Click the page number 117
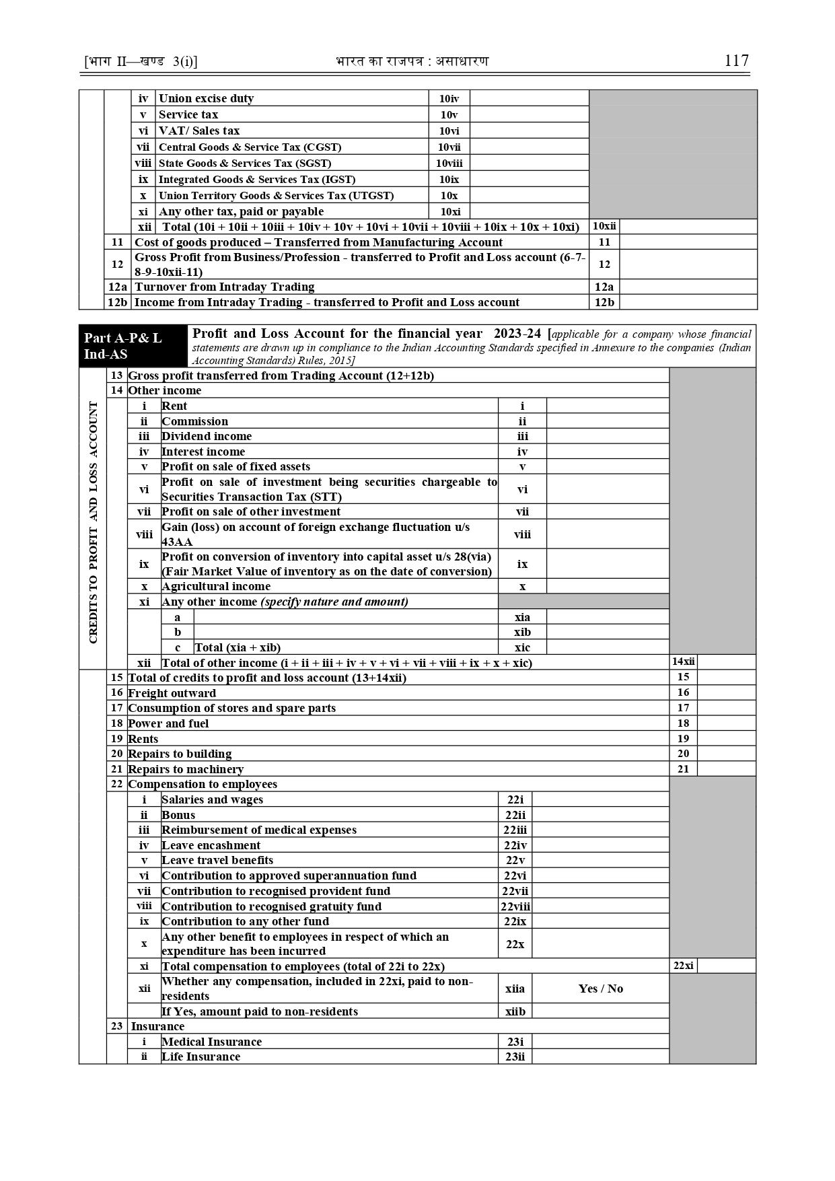click(x=736, y=61)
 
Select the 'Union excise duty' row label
click(x=206, y=98)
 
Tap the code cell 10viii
click(x=449, y=163)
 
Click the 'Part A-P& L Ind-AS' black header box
click(x=133, y=346)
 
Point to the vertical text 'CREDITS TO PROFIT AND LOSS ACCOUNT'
click(x=93, y=522)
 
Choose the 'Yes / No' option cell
click(x=600, y=989)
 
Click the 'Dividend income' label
click(x=207, y=436)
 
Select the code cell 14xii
click(x=684, y=662)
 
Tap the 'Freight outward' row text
click(x=172, y=693)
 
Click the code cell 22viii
click(x=515, y=906)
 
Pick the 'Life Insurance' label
click(x=201, y=1057)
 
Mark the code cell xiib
click(x=515, y=1011)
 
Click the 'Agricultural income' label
click(x=216, y=586)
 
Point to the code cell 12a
click(x=604, y=287)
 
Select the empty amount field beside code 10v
click(x=529, y=114)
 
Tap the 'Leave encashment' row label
click(x=211, y=845)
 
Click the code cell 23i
click(x=515, y=1042)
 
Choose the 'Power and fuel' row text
click(x=168, y=723)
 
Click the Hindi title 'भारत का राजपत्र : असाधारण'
click(x=412, y=61)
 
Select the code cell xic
click(x=522, y=647)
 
